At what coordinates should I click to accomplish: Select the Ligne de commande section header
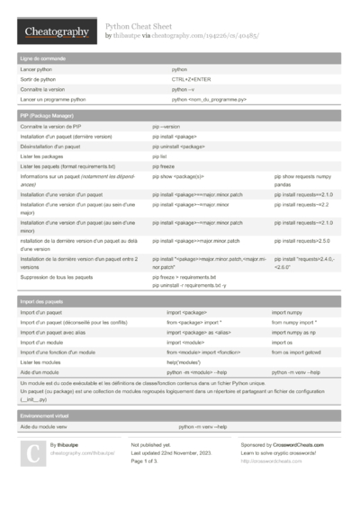pyautogui.click(x=41, y=58)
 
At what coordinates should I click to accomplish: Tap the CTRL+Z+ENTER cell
pyautogui.click(x=191, y=79)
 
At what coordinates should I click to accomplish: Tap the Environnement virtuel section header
pyautogui.click(x=45, y=416)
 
